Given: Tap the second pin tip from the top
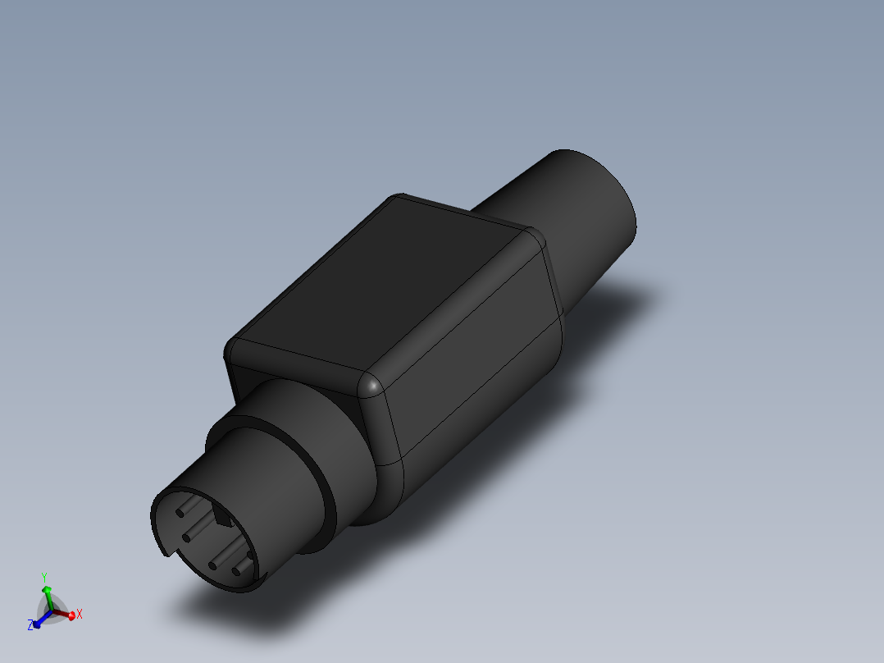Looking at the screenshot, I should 187,537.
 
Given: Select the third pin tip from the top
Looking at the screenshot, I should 213,565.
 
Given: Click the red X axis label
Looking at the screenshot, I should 80,614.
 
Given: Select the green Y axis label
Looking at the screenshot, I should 45,576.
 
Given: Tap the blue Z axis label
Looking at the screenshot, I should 30,625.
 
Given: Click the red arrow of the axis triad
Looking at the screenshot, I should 70,615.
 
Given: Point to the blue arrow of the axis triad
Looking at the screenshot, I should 38,622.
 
